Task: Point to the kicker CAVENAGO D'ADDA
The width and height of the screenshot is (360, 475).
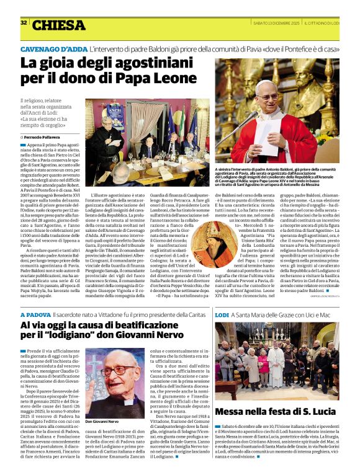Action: (53, 48)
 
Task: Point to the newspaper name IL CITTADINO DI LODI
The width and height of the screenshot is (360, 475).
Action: (332, 23)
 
